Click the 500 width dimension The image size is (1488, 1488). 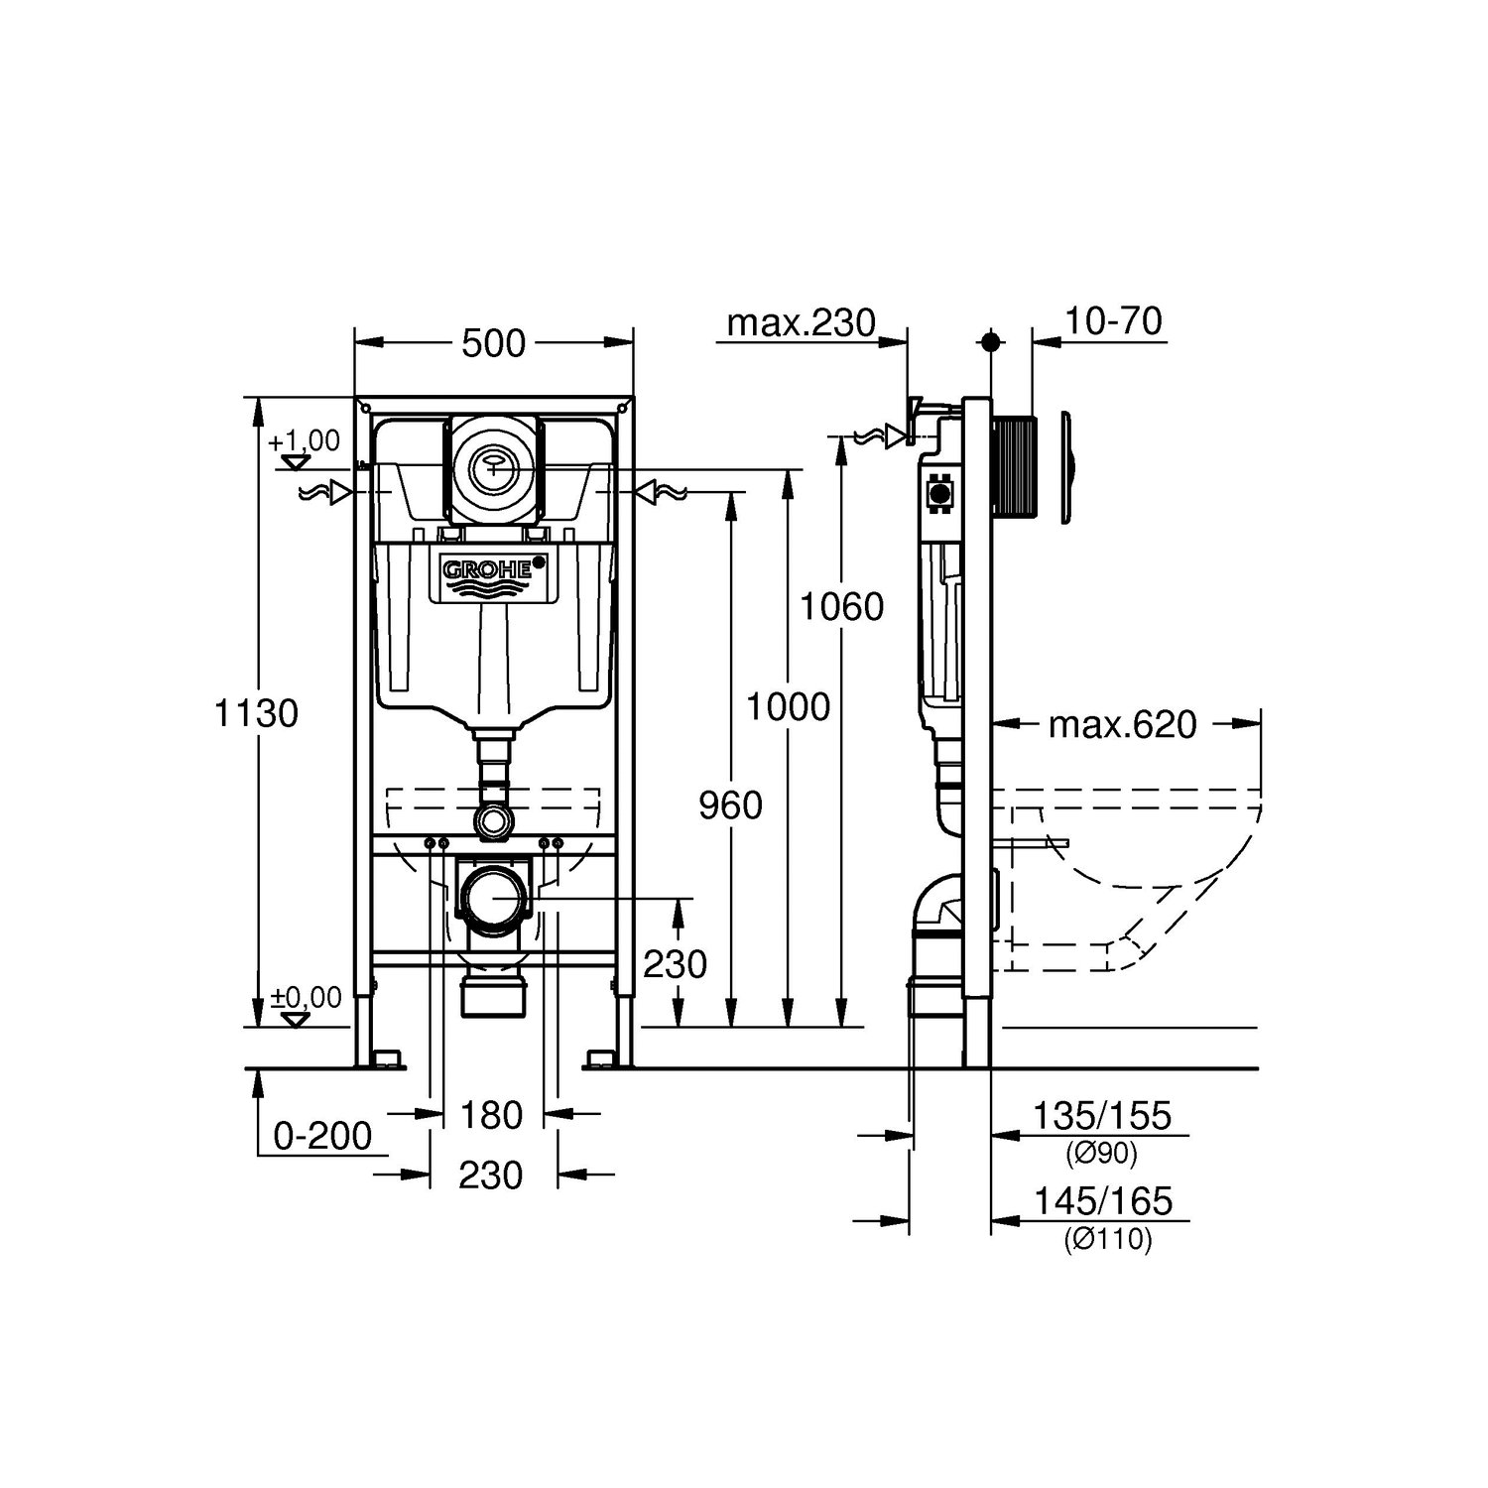tap(494, 343)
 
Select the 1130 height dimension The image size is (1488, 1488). tap(257, 712)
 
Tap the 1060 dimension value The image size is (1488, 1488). tap(842, 606)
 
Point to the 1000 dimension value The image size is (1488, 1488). tap(788, 707)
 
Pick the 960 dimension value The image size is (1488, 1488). tap(731, 806)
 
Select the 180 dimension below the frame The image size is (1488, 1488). tap(492, 1115)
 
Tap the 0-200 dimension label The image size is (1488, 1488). tap(323, 1136)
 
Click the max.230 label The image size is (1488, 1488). tap(802, 322)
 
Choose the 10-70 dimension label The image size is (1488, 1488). tap(1114, 321)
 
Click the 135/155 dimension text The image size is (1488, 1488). tap(1103, 1116)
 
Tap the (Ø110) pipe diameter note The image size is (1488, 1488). tap(1109, 1239)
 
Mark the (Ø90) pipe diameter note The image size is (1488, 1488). tap(1102, 1154)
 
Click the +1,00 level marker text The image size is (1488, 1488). tap(304, 441)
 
